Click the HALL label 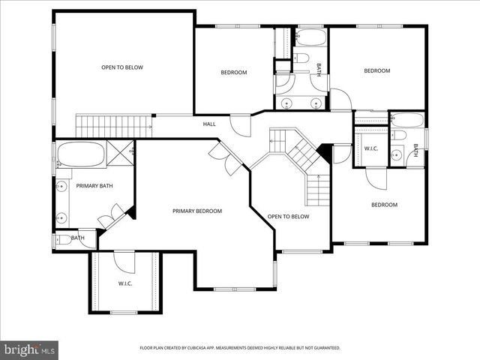click(x=209, y=124)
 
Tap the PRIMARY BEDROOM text click(x=197, y=211)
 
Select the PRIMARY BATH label click(x=94, y=185)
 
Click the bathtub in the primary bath click(x=80, y=154)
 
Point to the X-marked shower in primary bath click(x=120, y=153)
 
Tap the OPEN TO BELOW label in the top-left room click(x=122, y=67)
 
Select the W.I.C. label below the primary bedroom click(x=125, y=283)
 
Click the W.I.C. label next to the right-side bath click(x=371, y=148)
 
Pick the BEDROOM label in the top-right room click(x=377, y=71)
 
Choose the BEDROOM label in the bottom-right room click(x=384, y=205)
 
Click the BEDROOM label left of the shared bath click(x=233, y=72)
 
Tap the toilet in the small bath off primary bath click(x=59, y=240)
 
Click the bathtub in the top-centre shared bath click(x=310, y=37)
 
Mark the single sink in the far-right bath click(x=397, y=155)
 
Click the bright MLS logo click(x=30, y=349)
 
